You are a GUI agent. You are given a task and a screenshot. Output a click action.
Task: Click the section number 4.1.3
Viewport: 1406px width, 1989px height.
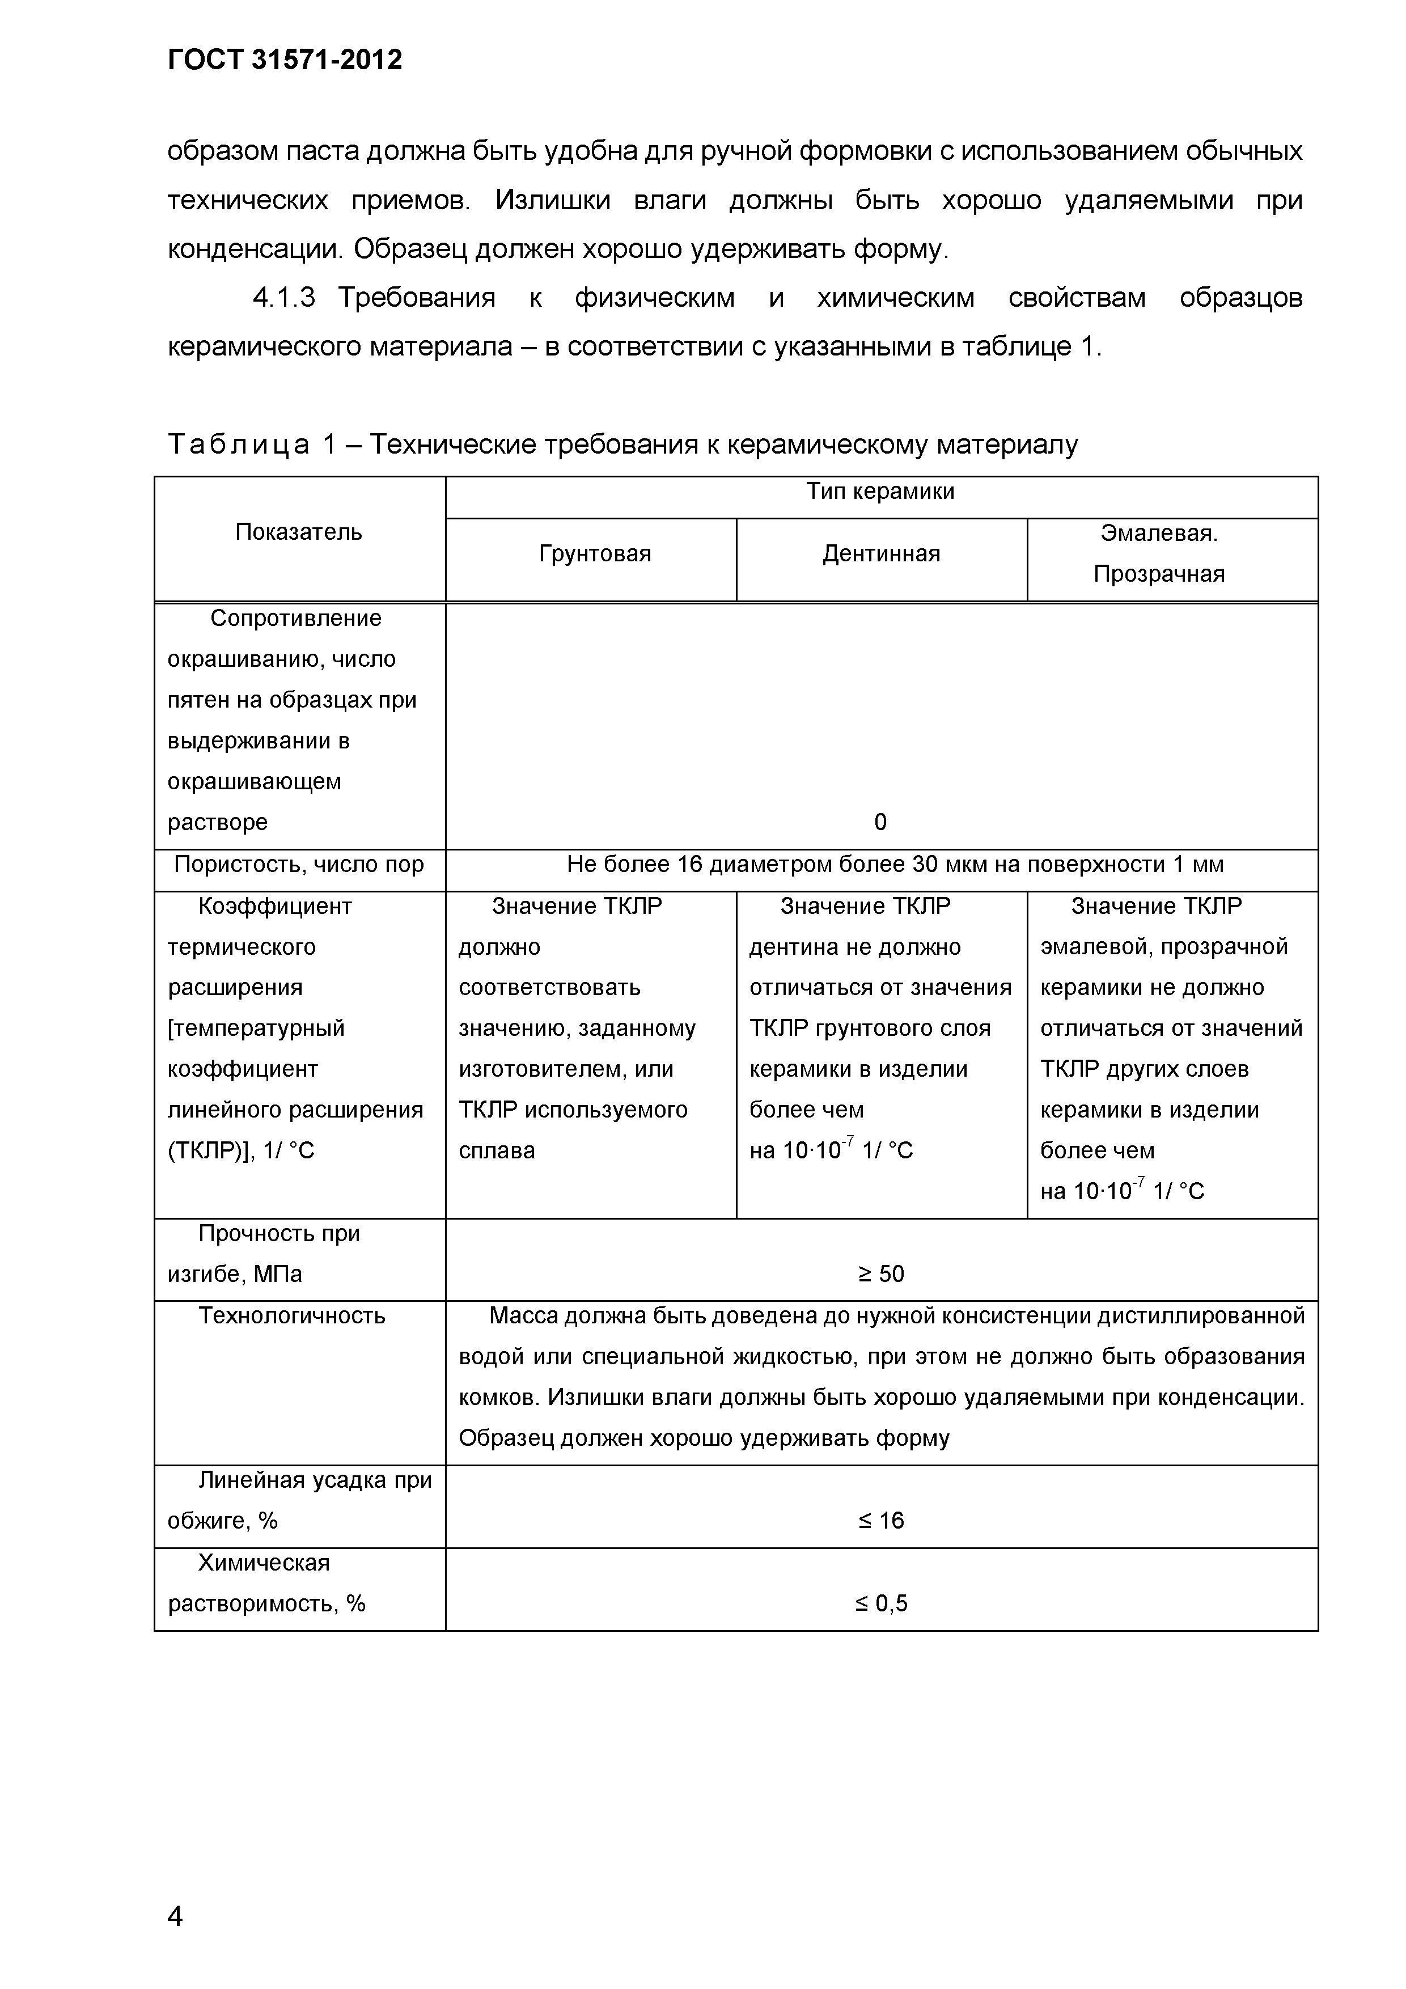click(283, 298)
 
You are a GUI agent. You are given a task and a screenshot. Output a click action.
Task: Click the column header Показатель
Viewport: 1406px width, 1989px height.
click(299, 532)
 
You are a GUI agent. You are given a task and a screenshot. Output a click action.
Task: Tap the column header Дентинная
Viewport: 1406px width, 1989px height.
click(881, 553)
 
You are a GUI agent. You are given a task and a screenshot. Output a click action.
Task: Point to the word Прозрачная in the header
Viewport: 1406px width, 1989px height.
click(1158, 574)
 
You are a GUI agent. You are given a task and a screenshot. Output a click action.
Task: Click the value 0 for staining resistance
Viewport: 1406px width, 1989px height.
click(880, 822)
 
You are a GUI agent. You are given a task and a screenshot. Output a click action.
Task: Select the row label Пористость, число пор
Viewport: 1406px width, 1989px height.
click(299, 865)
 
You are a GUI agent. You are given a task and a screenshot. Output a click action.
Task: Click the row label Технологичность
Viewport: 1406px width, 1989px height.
click(292, 1316)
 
